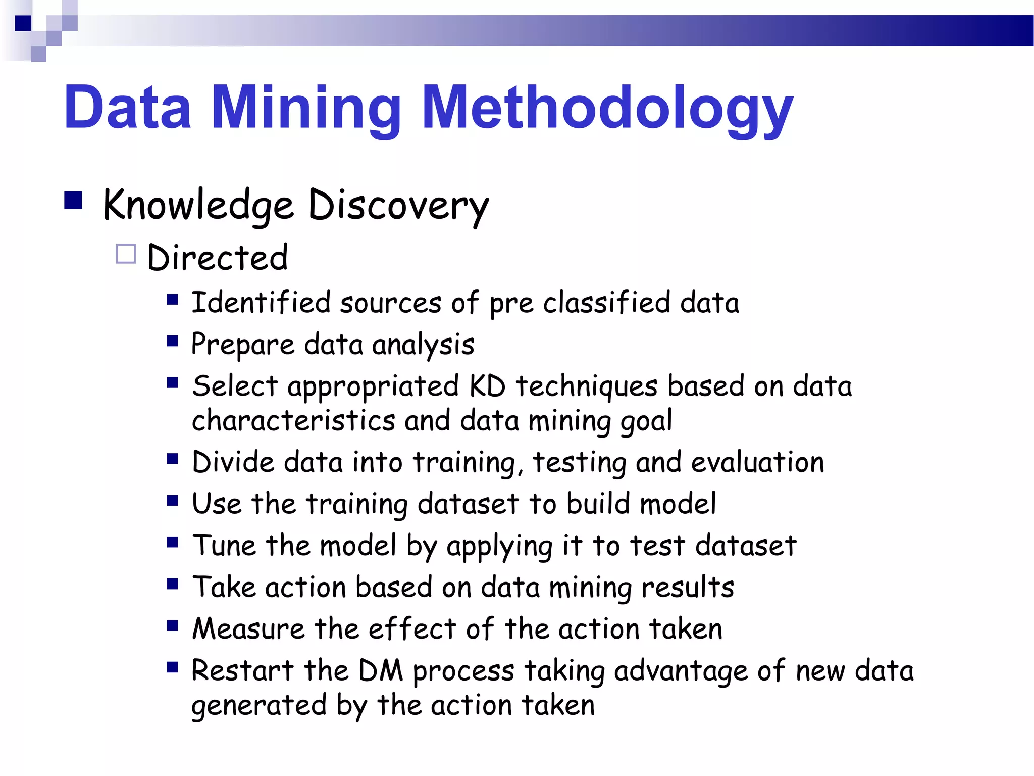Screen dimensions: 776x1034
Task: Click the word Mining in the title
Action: pos(306,109)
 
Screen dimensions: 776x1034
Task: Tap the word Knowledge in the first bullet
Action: pos(197,206)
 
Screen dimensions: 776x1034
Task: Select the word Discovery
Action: pos(398,206)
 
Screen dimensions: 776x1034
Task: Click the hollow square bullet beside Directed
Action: pos(126,254)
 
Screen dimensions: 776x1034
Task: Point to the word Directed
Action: pos(218,258)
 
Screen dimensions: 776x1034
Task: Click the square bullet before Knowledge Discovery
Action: pos(73,201)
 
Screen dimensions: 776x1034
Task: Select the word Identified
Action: pos(261,303)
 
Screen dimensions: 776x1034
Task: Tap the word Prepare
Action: pos(242,345)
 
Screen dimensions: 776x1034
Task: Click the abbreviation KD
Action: pos(487,386)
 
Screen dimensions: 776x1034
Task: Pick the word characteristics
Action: pos(293,421)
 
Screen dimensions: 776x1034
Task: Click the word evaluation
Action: pos(757,462)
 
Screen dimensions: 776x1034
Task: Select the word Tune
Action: pos(225,546)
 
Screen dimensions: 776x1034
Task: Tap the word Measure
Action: pos(248,629)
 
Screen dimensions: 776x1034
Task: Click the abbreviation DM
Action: pos(381,671)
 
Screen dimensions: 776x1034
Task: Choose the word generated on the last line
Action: pos(259,705)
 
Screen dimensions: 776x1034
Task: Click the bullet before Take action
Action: pos(173,585)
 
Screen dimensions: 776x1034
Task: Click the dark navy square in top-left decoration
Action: pos(23,23)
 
